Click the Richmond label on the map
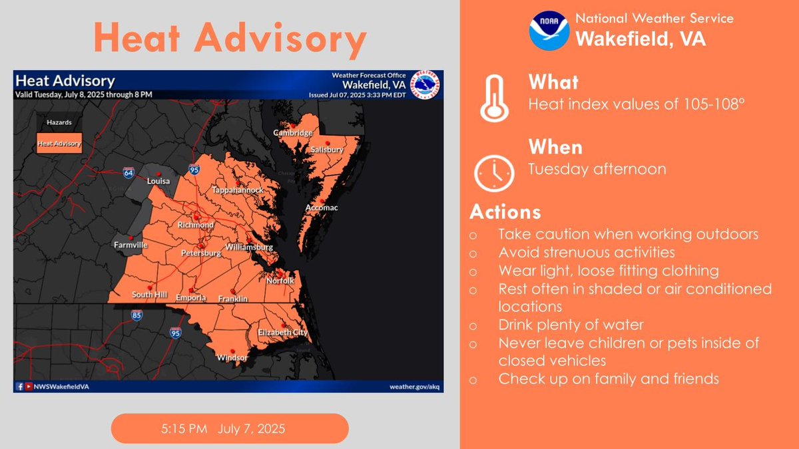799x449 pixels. coord(195,225)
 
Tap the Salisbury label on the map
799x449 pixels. coord(327,150)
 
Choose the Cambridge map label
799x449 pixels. coord(293,133)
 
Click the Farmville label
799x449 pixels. coord(131,245)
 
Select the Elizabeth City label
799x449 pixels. coord(283,332)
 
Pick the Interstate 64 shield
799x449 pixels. coord(129,172)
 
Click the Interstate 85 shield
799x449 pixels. coord(136,315)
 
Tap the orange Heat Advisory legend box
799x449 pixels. coord(59,143)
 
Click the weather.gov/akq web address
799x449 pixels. coord(414,386)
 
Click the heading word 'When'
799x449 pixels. coord(555,146)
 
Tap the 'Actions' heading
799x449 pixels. coord(505,212)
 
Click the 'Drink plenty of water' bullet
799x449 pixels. coord(570,325)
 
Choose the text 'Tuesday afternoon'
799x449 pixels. coord(597,169)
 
